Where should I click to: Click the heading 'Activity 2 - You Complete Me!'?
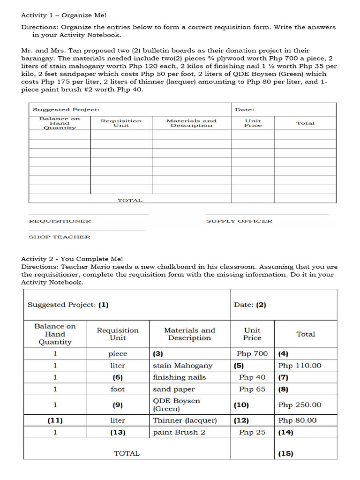click(x=72, y=259)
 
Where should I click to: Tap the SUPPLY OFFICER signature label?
click(x=239, y=221)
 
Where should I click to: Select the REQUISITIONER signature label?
click(x=60, y=221)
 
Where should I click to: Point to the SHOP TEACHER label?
click(x=60, y=237)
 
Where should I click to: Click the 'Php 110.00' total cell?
click(x=300, y=366)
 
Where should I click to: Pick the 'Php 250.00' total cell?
click(x=300, y=405)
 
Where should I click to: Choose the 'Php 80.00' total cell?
click(x=298, y=420)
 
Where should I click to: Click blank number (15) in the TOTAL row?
click(x=285, y=454)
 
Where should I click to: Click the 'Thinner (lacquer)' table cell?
click(x=185, y=420)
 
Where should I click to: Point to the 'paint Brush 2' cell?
click(x=179, y=432)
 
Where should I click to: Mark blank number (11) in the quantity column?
click(x=55, y=420)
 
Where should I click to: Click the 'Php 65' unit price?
click(x=252, y=389)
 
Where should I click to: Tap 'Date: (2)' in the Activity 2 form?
click(x=250, y=305)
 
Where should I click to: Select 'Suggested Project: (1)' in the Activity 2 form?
click(x=68, y=305)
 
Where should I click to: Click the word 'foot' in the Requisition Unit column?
click(x=118, y=389)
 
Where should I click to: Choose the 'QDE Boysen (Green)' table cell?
click(x=177, y=405)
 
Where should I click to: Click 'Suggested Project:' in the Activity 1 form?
click(x=66, y=110)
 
